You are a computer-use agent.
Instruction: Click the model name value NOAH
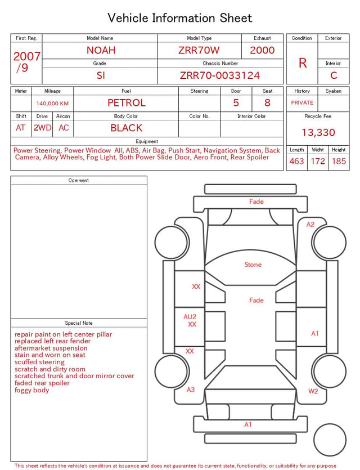point(101,50)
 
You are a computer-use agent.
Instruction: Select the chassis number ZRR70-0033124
point(220,75)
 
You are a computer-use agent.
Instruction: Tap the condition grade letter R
point(303,63)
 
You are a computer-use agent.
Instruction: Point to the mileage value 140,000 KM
point(52,104)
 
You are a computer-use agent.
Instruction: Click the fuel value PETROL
point(127,103)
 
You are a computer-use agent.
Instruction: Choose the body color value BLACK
point(127,128)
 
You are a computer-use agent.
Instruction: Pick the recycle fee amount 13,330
point(318,132)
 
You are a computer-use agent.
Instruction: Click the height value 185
point(339,161)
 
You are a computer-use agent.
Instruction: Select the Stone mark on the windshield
point(253,265)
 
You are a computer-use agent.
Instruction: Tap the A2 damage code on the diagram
point(310,224)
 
